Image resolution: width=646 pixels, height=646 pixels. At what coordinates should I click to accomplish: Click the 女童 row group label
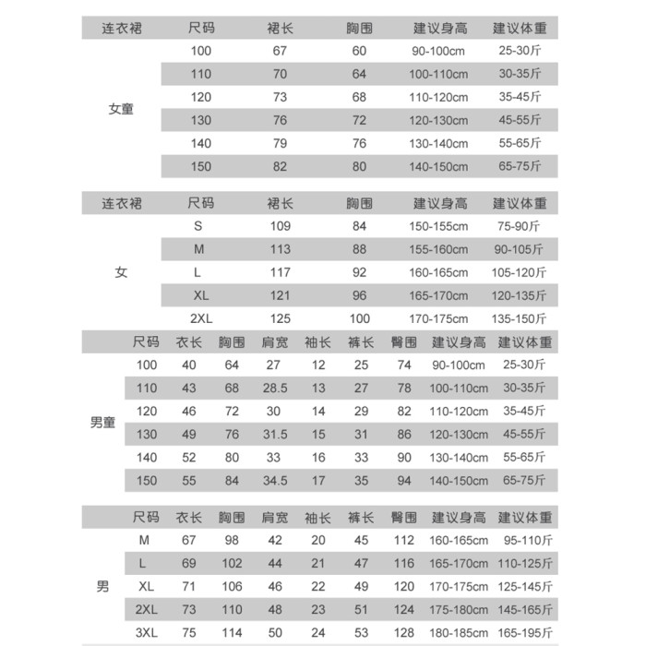(121, 109)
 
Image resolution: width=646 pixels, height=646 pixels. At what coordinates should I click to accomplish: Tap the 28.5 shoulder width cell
(272, 389)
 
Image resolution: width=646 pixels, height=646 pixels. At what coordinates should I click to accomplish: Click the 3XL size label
(146, 632)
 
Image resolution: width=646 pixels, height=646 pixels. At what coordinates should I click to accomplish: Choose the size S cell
(197, 226)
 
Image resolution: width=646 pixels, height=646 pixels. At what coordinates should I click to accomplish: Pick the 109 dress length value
(280, 226)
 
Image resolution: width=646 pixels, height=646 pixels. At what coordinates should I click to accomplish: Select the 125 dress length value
(280, 318)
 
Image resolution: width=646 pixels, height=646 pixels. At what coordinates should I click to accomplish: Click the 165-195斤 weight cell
(524, 633)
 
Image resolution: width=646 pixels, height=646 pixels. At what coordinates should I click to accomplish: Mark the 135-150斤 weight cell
(519, 318)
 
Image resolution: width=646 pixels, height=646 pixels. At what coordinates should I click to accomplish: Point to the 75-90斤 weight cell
(519, 226)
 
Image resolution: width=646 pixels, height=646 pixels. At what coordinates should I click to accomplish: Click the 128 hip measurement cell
(404, 632)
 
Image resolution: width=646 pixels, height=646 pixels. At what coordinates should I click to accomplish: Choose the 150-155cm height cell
(439, 226)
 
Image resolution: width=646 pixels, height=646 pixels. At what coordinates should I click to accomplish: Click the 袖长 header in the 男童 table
(318, 341)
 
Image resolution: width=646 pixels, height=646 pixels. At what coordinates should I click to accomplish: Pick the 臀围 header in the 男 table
(404, 517)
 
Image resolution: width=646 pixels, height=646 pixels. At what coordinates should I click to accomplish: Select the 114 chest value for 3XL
(232, 632)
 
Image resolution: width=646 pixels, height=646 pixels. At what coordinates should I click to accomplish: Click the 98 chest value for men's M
(232, 540)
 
